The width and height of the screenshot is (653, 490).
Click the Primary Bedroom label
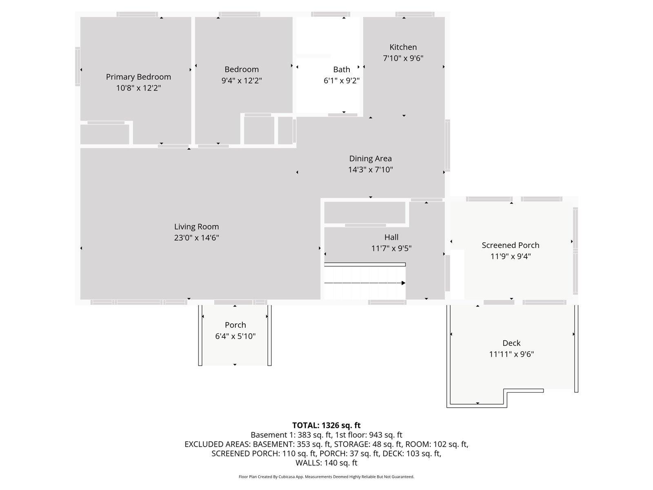[x=138, y=77]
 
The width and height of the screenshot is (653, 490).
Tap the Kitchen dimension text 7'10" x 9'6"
[x=403, y=58]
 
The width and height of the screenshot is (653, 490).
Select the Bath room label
[x=342, y=69]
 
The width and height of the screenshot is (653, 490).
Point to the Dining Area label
[x=371, y=158]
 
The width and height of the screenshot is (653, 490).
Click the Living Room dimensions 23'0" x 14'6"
[x=196, y=238]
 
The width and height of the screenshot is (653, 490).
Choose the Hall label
[x=391, y=237]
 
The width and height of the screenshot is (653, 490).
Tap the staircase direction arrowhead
[x=403, y=283]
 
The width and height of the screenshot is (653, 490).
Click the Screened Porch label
[x=511, y=245]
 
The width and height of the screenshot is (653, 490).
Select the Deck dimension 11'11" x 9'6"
[x=511, y=354]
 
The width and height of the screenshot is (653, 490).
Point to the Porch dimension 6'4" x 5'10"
[x=235, y=336]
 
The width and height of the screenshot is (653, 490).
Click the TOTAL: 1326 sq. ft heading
[x=326, y=425]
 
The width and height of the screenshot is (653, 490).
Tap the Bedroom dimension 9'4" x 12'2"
[x=242, y=80]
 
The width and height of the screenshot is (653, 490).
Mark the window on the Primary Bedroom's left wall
[x=78, y=66]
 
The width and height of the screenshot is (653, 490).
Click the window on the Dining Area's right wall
[x=447, y=145]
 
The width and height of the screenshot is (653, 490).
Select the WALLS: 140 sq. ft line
[x=326, y=463]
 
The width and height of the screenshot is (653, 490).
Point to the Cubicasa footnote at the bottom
[x=326, y=477]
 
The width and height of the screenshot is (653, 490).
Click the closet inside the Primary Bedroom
[x=105, y=134]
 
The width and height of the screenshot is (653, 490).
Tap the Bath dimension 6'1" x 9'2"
[x=342, y=80]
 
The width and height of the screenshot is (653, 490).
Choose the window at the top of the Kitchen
[x=415, y=14]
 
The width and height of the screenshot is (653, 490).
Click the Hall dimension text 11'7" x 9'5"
[x=391, y=248]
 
